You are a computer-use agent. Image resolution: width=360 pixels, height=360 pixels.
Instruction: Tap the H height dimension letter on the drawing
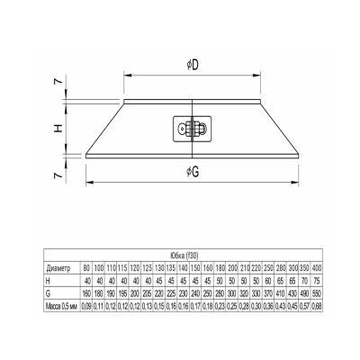coord(56,128)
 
